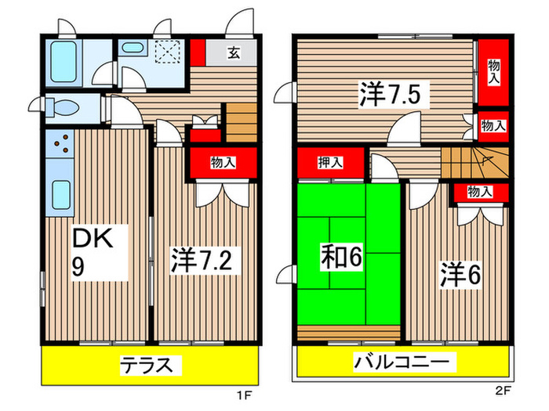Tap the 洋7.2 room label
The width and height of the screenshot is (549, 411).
point(200,259)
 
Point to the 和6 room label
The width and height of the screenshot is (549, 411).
point(341,257)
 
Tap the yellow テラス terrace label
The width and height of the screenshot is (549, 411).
point(151,364)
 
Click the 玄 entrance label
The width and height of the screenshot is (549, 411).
point(234,53)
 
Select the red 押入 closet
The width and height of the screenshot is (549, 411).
point(330,163)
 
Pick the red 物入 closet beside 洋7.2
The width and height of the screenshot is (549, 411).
point(223,163)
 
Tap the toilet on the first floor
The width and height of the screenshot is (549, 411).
point(59,109)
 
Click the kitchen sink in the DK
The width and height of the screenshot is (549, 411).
point(59,195)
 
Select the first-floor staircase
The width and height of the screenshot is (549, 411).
point(242,121)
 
